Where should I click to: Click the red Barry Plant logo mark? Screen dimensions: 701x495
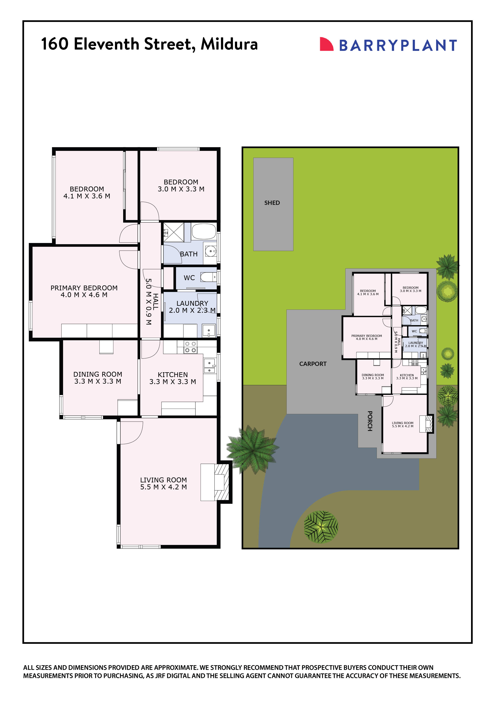click(x=326, y=44)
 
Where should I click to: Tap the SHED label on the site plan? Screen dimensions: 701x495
click(x=272, y=203)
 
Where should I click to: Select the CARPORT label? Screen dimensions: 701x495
click(x=313, y=364)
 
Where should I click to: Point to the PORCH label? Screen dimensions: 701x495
click(x=370, y=421)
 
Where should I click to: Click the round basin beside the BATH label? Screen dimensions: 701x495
click(x=210, y=251)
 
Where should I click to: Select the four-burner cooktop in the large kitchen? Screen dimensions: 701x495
click(x=190, y=347)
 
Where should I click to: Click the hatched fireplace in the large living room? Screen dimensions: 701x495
click(x=222, y=482)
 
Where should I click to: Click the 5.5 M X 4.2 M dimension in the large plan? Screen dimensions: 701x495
click(x=163, y=487)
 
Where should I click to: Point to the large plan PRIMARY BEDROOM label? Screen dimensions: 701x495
click(x=84, y=288)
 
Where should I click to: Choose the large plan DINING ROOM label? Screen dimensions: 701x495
click(x=98, y=374)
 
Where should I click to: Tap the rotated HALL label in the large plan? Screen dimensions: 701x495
click(x=155, y=302)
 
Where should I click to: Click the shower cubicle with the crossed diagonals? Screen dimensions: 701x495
click(x=173, y=232)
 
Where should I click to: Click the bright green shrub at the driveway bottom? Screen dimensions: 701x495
click(x=321, y=527)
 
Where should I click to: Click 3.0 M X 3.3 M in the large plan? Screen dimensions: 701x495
click(x=181, y=189)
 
